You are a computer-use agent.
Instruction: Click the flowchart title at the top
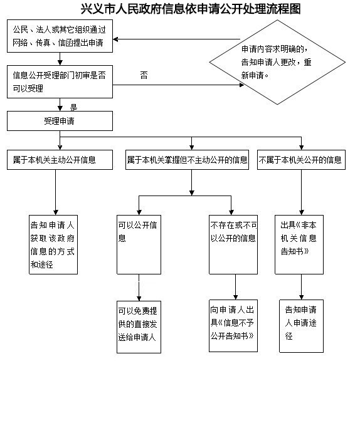click(x=191, y=9)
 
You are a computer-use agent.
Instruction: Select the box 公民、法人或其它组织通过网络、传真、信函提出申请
click(x=60, y=36)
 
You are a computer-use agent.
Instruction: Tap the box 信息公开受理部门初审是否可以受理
click(x=60, y=82)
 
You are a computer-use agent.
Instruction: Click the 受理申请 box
click(x=60, y=121)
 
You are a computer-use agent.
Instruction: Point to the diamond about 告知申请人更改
click(x=277, y=62)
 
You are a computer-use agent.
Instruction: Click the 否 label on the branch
click(x=144, y=75)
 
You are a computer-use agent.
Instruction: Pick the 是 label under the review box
click(x=73, y=108)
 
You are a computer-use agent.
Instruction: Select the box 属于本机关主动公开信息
click(x=60, y=160)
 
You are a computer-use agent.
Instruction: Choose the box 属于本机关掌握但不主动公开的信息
click(x=187, y=160)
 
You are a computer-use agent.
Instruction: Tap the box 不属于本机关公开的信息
click(x=301, y=160)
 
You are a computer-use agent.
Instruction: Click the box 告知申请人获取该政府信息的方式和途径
click(x=53, y=245)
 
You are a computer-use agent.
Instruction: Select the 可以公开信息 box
click(x=139, y=245)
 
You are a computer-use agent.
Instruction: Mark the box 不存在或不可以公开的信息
click(x=233, y=245)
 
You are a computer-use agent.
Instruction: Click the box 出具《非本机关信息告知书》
click(x=299, y=245)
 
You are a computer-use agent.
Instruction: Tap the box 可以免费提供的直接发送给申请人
click(x=139, y=327)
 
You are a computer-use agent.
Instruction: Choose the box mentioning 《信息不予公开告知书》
click(x=233, y=326)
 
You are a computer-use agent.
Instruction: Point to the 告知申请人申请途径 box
click(x=301, y=326)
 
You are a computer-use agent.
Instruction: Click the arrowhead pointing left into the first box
click(x=115, y=39)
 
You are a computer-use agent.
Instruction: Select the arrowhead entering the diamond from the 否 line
click(x=241, y=85)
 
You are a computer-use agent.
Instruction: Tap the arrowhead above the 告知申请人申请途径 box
click(x=301, y=297)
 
